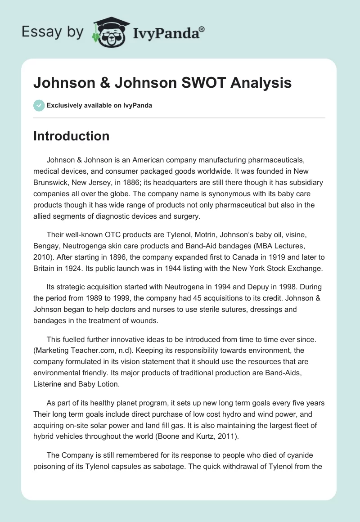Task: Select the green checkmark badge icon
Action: [39, 105]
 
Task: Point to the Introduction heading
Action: [71, 136]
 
